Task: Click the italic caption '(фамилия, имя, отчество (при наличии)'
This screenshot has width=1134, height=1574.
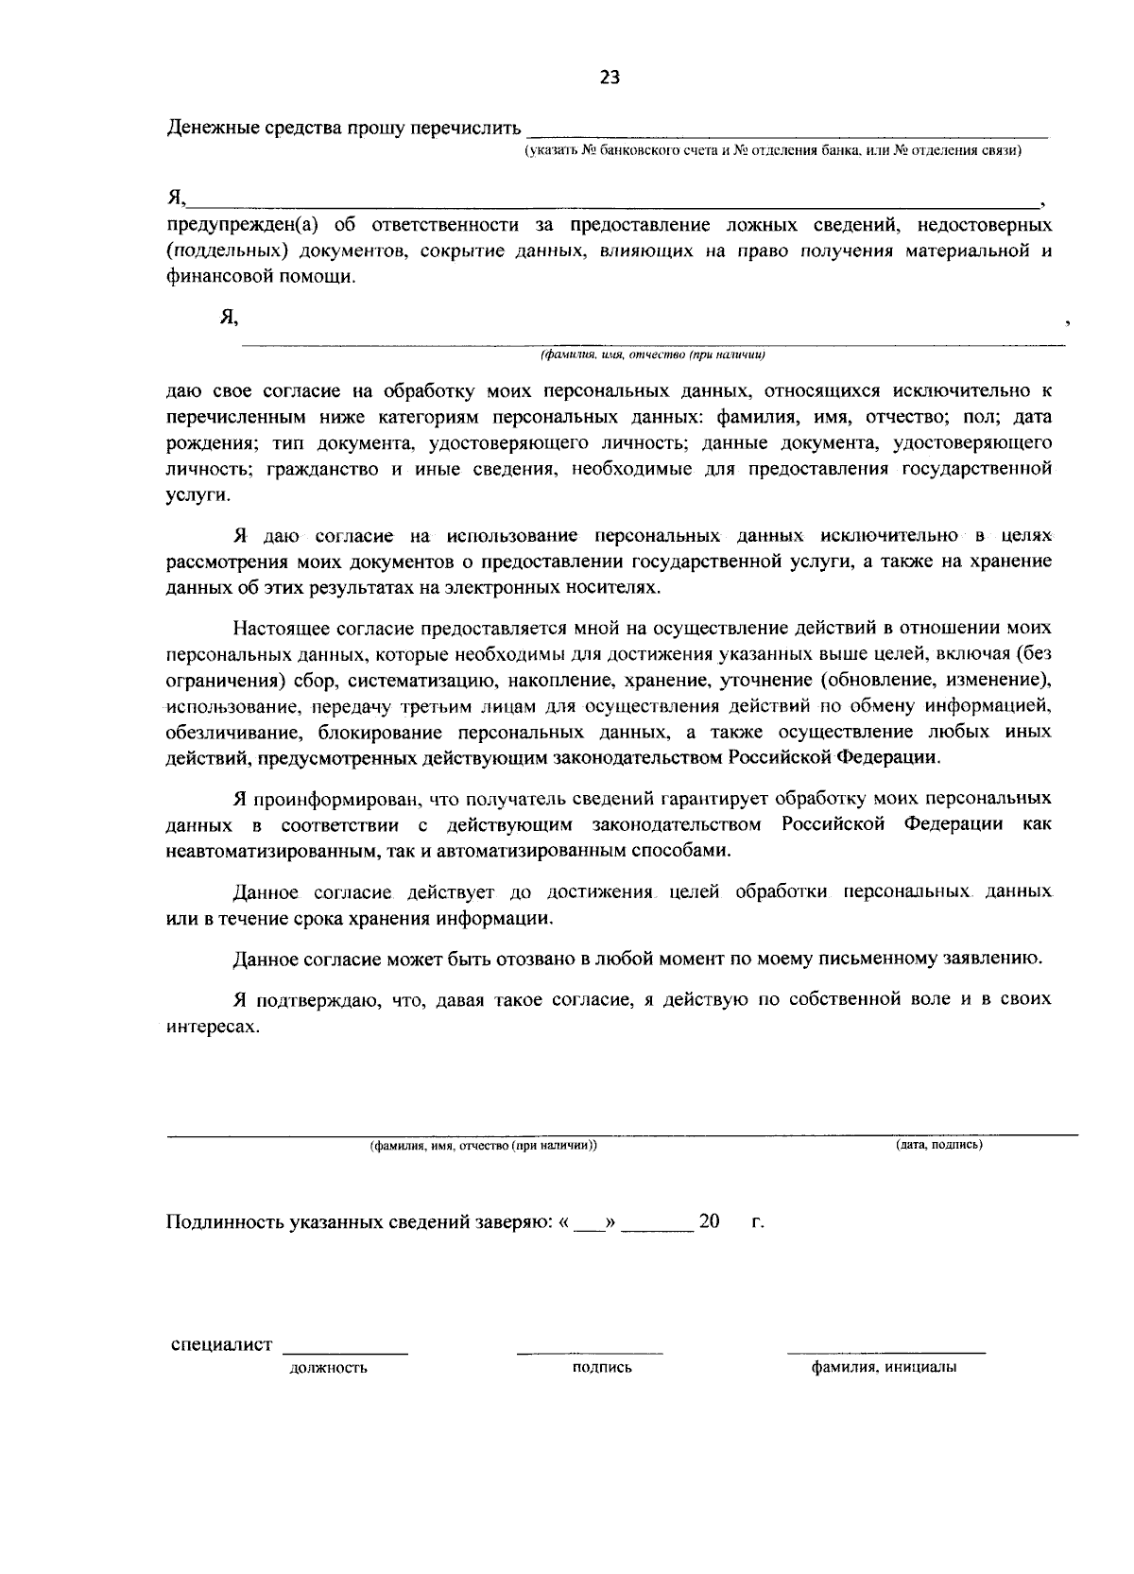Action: (651, 355)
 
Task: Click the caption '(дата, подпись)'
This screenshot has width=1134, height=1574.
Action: (939, 1145)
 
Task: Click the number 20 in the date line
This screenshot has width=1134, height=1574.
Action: (709, 1221)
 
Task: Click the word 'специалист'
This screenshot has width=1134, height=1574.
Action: (222, 1345)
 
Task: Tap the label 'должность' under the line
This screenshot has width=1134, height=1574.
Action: (328, 1367)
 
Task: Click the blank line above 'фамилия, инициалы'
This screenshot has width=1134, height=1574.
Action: (885, 1352)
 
